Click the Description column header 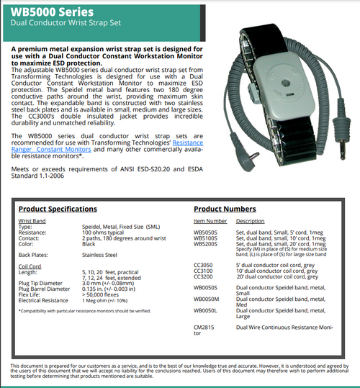(x=251, y=221)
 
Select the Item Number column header (x=210, y=221)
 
